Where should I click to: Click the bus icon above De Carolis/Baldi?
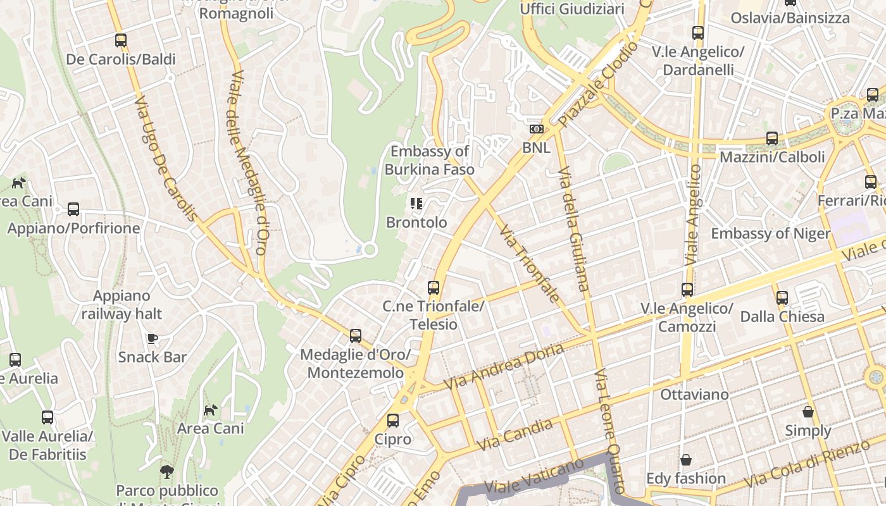121,40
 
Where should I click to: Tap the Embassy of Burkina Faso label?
430,160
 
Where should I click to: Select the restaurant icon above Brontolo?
416,204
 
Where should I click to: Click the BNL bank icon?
536,129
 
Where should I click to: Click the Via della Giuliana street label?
574,228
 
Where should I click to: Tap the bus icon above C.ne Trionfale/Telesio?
434,288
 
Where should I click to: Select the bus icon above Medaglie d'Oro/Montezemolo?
356,336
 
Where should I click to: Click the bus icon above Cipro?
393,421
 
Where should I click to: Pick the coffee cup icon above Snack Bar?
153,338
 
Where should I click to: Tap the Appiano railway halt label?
122,304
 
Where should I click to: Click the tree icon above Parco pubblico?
167,471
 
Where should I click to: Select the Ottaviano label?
694,395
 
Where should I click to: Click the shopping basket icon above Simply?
808,412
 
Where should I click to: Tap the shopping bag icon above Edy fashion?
686,460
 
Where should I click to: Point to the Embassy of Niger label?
770,233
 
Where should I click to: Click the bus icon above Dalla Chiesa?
782,297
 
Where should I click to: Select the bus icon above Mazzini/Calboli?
772,139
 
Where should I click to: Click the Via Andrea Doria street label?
503,366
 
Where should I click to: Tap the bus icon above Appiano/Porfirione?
73,209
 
